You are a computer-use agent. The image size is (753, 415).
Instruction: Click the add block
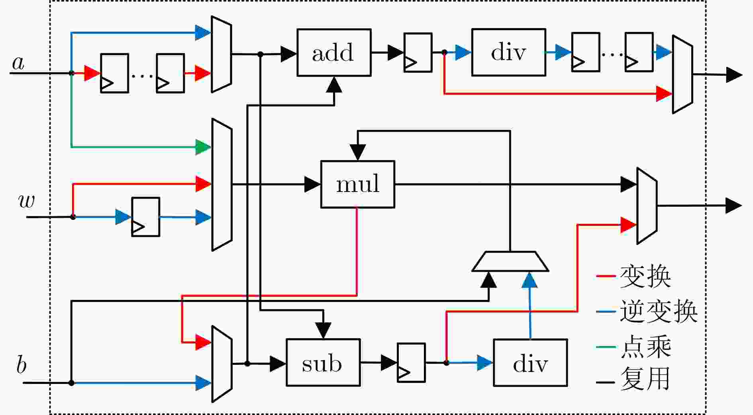[334, 53]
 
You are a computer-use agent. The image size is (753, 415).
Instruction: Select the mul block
[357, 184]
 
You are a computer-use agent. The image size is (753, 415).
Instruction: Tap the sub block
[323, 362]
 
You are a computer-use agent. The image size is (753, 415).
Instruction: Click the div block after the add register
[508, 52]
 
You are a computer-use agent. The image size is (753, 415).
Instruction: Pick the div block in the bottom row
[530, 363]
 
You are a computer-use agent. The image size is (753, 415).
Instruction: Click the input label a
[18, 63]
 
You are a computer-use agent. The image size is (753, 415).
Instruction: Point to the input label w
[27, 201]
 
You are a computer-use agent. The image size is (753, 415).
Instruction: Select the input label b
[21, 365]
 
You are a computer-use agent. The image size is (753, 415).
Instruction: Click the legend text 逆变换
[658, 311]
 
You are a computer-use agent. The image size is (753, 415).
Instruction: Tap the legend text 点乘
[645, 347]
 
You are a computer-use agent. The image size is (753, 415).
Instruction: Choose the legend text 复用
[645, 379]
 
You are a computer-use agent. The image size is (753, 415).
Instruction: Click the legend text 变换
[645, 276]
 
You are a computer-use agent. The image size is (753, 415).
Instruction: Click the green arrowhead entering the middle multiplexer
[203, 147]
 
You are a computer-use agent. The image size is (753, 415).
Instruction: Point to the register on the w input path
[146, 217]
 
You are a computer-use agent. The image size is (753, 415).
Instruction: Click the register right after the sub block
[411, 362]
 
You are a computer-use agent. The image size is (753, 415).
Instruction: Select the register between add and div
[418, 53]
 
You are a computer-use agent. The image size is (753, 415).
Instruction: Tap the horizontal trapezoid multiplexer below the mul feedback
[510, 262]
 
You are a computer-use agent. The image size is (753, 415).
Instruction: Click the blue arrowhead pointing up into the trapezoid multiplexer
[529, 280]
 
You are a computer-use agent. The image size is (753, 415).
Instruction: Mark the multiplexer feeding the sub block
[222, 364]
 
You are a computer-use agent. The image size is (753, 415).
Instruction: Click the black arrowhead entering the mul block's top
[358, 152]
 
